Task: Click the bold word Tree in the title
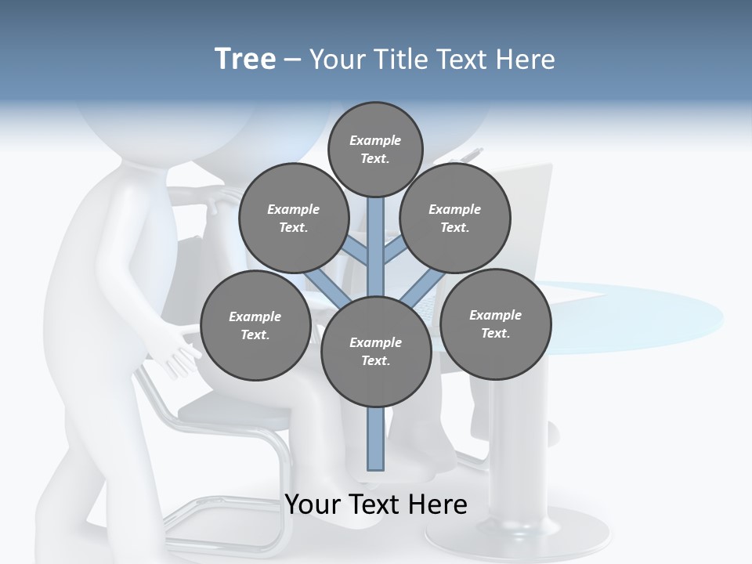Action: tap(245, 59)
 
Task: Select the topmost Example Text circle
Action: tap(375, 149)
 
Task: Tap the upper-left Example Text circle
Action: tap(293, 218)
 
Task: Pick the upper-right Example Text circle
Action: tap(455, 218)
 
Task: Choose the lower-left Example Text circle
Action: tap(255, 325)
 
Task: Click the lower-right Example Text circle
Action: tap(495, 324)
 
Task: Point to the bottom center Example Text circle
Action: tap(376, 351)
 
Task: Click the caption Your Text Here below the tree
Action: tap(376, 504)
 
